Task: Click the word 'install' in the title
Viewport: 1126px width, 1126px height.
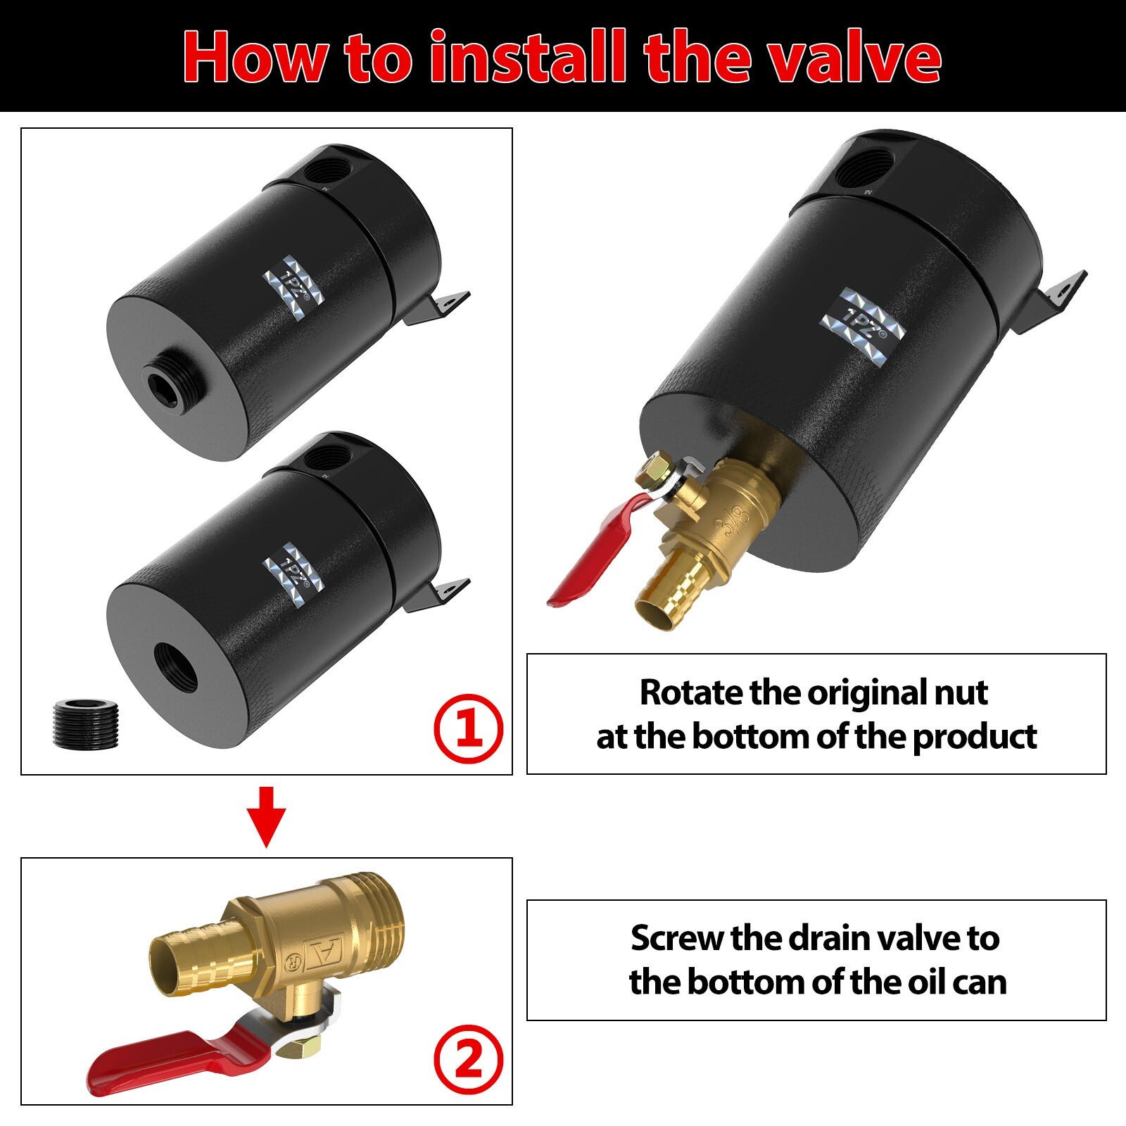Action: [x=527, y=58]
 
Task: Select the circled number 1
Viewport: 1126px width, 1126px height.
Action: [x=468, y=728]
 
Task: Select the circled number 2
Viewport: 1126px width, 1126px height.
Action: [x=468, y=1059]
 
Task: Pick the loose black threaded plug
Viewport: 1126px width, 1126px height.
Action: [x=86, y=722]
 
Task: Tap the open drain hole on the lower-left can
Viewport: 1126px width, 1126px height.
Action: [x=176, y=665]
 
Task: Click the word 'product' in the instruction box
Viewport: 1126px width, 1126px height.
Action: [x=974, y=738]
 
